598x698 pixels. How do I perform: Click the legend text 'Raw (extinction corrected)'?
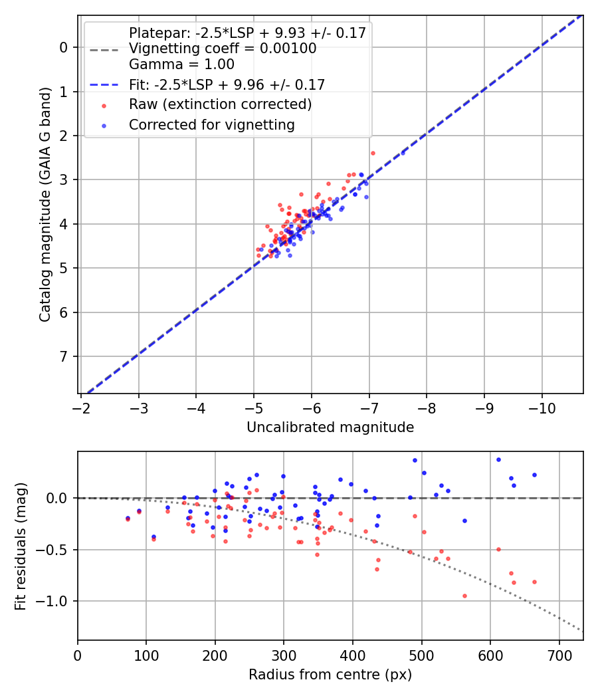click(x=220, y=104)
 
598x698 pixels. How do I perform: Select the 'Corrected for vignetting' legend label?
click(x=212, y=124)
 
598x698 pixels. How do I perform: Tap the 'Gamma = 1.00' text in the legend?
click(x=181, y=64)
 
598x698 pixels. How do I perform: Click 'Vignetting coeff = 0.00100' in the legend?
click(x=223, y=49)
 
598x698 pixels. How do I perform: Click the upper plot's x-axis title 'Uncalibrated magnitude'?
click(x=330, y=427)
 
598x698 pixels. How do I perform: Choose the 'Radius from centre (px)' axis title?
click(x=330, y=675)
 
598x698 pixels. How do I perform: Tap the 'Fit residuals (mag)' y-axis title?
click(x=21, y=546)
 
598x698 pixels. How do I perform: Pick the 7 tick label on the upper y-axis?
click(x=64, y=356)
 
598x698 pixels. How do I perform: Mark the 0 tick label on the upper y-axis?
click(x=64, y=47)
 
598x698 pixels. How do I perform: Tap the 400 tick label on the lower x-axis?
click(x=353, y=654)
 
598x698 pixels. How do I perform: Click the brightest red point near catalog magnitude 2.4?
click(x=373, y=153)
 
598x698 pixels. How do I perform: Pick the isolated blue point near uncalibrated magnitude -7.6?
click(x=403, y=153)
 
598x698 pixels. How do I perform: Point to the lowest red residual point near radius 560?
click(x=464, y=596)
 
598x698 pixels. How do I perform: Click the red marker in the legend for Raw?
click(x=104, y=105)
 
